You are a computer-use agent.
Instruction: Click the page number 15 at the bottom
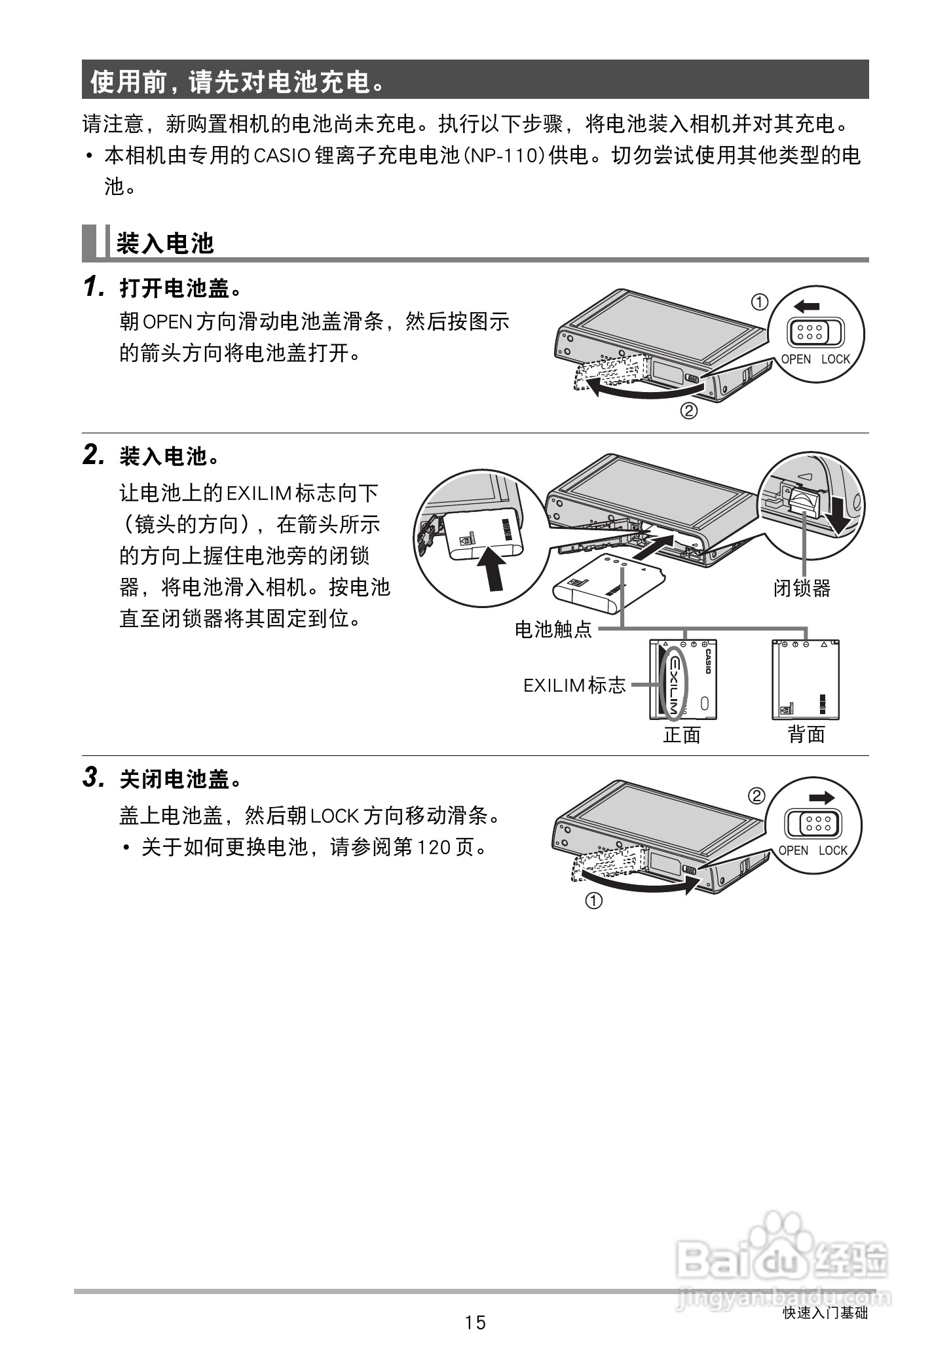(x=475, y=1322)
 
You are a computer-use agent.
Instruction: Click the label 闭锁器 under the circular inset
(x=802, y=588)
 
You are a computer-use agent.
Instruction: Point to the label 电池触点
(x=553, y=630)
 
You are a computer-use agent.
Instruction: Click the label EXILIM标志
(x=574, y=685)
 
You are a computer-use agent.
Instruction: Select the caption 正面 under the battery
(x=682, y=734)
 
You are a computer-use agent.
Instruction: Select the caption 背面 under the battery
(x=806, y=734)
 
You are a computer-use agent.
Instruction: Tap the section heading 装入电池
(x=165, y=243)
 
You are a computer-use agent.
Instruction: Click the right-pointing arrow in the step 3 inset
(x=821, y=797)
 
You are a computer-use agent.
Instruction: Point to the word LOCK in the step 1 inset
(x=835, y=359)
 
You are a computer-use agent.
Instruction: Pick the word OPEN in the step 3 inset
(x=793, y=850)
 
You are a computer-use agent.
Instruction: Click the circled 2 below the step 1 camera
(x=688, y=412)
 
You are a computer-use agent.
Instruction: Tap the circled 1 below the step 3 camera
(x=593, y=901)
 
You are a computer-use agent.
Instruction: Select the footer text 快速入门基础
(x=825, y=1313)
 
